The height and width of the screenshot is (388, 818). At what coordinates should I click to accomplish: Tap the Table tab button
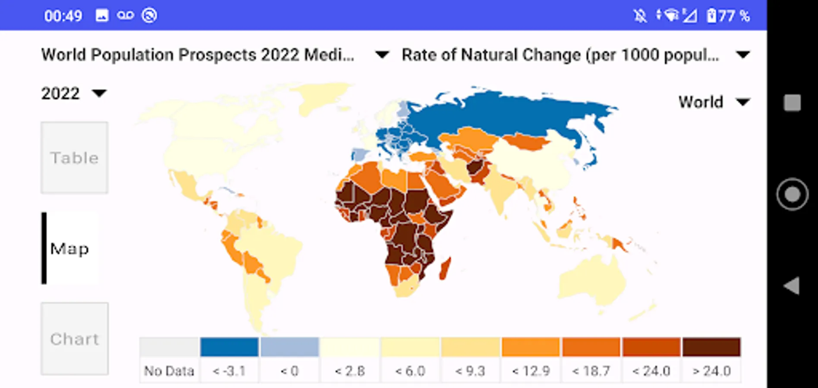click(74, 158)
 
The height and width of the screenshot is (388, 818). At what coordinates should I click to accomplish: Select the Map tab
click(70, 248)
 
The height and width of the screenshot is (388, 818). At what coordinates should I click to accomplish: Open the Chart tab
click(74, 339)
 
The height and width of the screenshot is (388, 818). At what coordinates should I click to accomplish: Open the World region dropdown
click(714, 102)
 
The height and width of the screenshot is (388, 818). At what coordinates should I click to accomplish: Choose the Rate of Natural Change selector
click(576, 55)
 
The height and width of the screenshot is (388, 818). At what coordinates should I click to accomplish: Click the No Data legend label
click(169, 371)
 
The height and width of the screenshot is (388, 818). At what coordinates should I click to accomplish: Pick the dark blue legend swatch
click(229, 347)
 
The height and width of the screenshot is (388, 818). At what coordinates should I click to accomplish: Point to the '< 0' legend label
click(289, 371)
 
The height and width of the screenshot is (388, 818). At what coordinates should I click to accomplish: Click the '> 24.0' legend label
click(711, 371)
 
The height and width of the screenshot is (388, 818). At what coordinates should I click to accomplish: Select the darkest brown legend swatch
click(711, 347)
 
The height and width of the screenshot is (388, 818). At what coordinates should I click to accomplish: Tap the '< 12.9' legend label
click(531, 371)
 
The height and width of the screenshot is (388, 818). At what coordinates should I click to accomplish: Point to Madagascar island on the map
click(445, 268)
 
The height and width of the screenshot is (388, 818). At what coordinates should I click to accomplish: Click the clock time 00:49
click(63, 16)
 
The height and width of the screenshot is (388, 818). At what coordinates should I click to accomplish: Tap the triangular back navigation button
click(792, 286)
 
